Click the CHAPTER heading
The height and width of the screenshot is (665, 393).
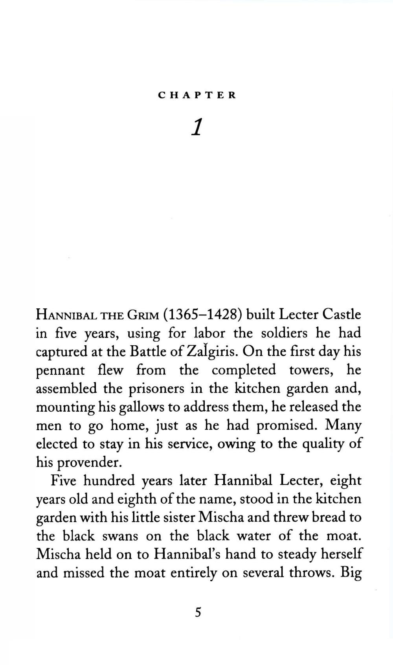coord(197,95)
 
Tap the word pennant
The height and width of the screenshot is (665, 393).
coord(60,370)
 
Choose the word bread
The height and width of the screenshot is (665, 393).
coord(330,517)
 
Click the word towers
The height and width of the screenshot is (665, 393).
coord(312,370)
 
